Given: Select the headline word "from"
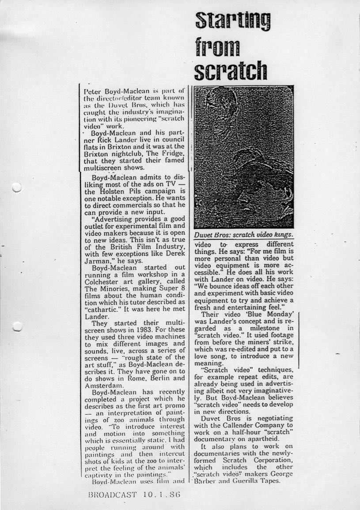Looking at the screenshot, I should coord(218,45).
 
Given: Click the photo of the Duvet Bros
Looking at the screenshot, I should coord(244,156).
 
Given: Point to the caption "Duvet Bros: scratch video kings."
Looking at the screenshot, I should coord(244,235).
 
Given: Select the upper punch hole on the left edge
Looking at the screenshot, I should coord(17,189).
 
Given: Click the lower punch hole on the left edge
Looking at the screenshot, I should coord(17,326).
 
